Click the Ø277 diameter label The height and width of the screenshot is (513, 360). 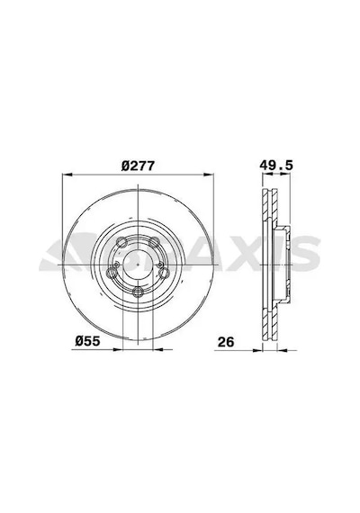click(138, 166)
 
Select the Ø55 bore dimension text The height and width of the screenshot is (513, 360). click(87, 341)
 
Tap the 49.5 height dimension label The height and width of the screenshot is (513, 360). click(276, 166)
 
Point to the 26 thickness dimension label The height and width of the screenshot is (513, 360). click(226, 342)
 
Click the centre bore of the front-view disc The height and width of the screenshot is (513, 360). click(138, 265)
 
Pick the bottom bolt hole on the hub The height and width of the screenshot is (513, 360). click(138, 291)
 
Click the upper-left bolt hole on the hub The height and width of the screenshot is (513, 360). click(121, 242)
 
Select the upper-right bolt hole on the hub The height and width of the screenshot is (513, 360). click(154, 242)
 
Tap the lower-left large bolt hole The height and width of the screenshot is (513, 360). click(112, 273)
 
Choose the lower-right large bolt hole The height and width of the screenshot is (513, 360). click(164, 273)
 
